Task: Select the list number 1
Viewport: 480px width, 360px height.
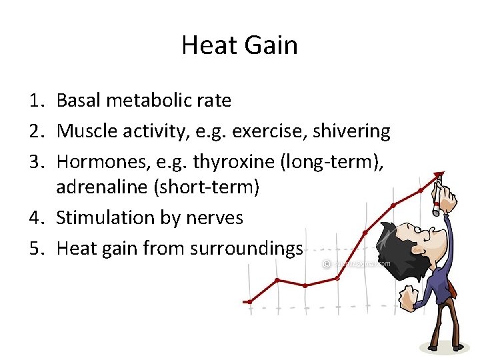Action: click(37, 101)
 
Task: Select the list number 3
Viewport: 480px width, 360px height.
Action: click(37, 161)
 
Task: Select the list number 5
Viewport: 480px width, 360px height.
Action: click(37, 248)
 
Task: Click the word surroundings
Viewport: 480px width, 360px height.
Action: click(246, 248)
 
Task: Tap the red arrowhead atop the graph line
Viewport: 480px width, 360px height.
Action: click(439, 175)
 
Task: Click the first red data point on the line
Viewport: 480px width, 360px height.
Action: click(249, 302)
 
